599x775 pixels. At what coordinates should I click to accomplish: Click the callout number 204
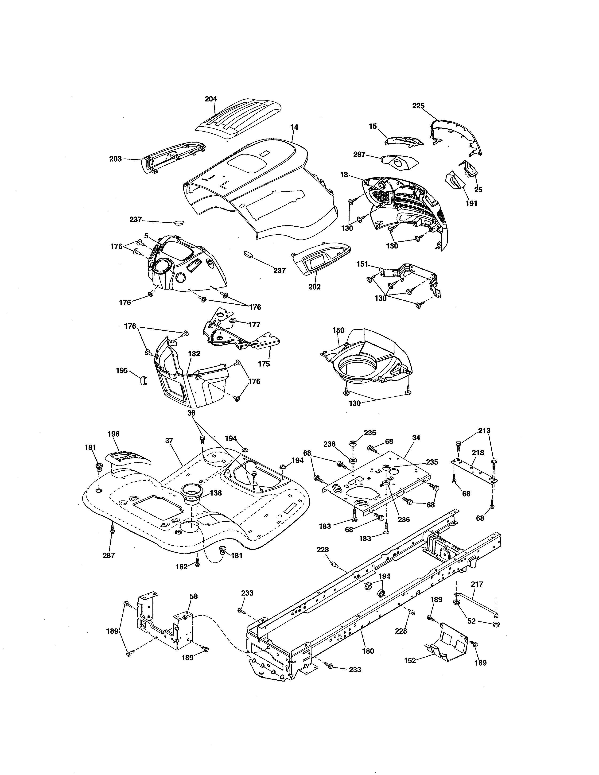[x=211, y=99]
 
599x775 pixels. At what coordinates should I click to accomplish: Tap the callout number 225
[x=418, y=106]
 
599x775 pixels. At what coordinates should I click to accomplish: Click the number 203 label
[x=115, y=159]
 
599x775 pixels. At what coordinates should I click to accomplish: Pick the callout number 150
[x=338, y=330]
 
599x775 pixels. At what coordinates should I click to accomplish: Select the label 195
[x=122, y=370]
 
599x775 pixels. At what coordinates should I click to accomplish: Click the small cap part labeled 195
[x=142, y=380]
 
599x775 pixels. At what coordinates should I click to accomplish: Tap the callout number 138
[x=215, y=493]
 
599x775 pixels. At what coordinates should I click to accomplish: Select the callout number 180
[x=368, y=651]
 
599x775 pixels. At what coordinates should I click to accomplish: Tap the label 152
[x=410, y=661]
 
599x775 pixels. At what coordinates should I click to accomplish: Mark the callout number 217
[x=477, y=584]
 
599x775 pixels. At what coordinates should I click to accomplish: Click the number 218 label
[x=478, y=453]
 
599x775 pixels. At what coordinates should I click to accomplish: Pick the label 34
[x=416, y=438]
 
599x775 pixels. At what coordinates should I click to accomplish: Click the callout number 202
[x=314, y=287]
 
